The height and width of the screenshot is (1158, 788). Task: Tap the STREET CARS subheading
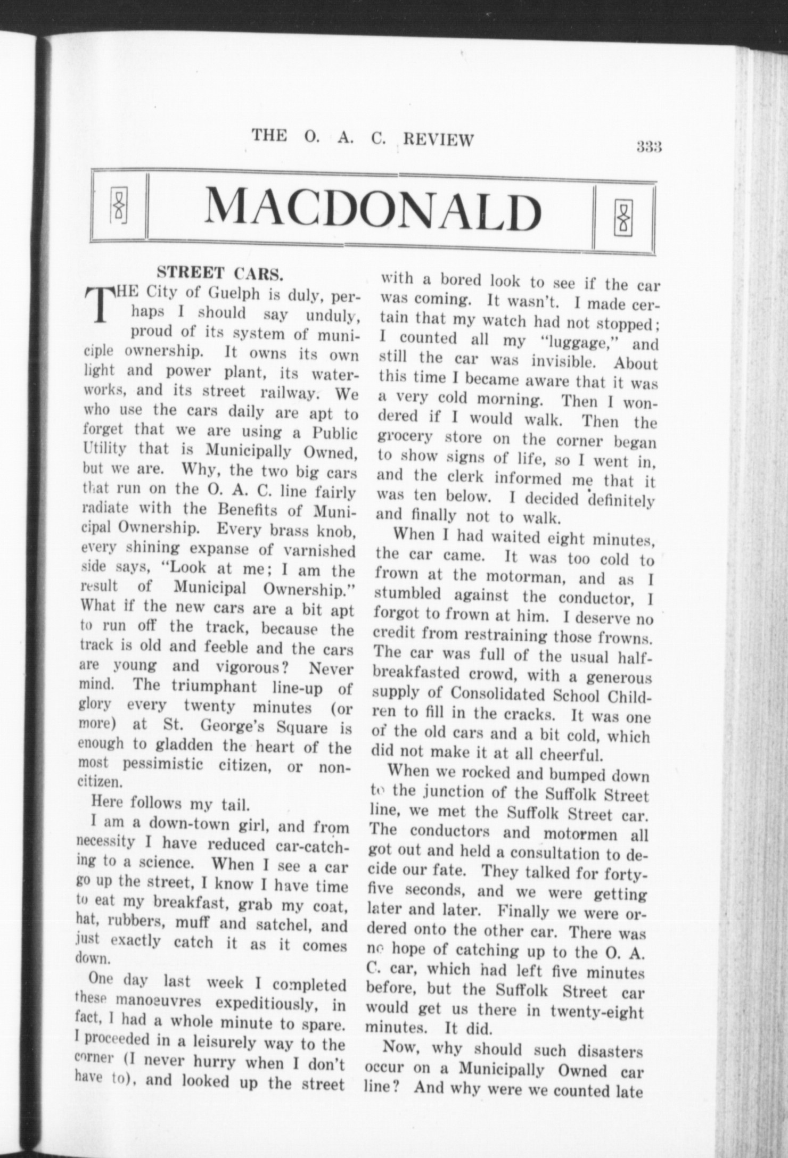(x=219, y=273)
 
